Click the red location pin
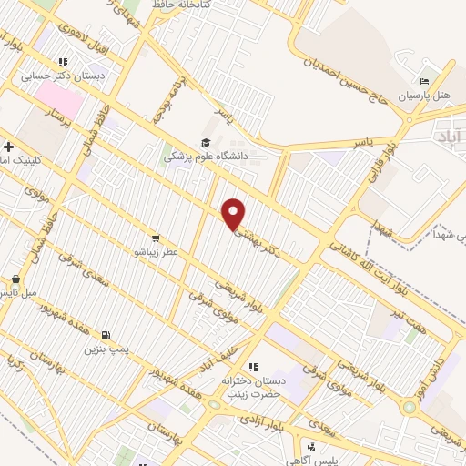point(235,213)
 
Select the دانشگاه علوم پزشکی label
point(202,157)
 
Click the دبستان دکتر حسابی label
point(65,77)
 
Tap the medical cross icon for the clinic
point(8,146)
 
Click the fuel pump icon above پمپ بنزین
point(108,335)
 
